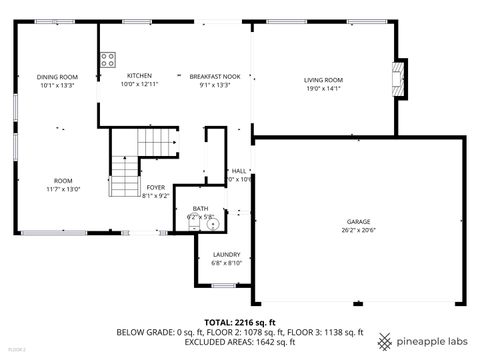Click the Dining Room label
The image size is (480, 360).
pos(57,77)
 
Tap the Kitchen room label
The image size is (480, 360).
pos(139,76)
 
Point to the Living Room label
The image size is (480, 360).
pos(323,80)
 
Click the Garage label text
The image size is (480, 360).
pos(359,221)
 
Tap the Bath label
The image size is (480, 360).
pos(201,208)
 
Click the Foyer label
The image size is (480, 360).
pos(155,187)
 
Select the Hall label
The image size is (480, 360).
pos(238,171)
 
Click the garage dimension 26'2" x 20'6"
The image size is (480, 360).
pos(359,230)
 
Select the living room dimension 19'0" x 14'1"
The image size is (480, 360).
pos(323,88)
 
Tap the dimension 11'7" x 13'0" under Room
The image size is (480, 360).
pos(62,189)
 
